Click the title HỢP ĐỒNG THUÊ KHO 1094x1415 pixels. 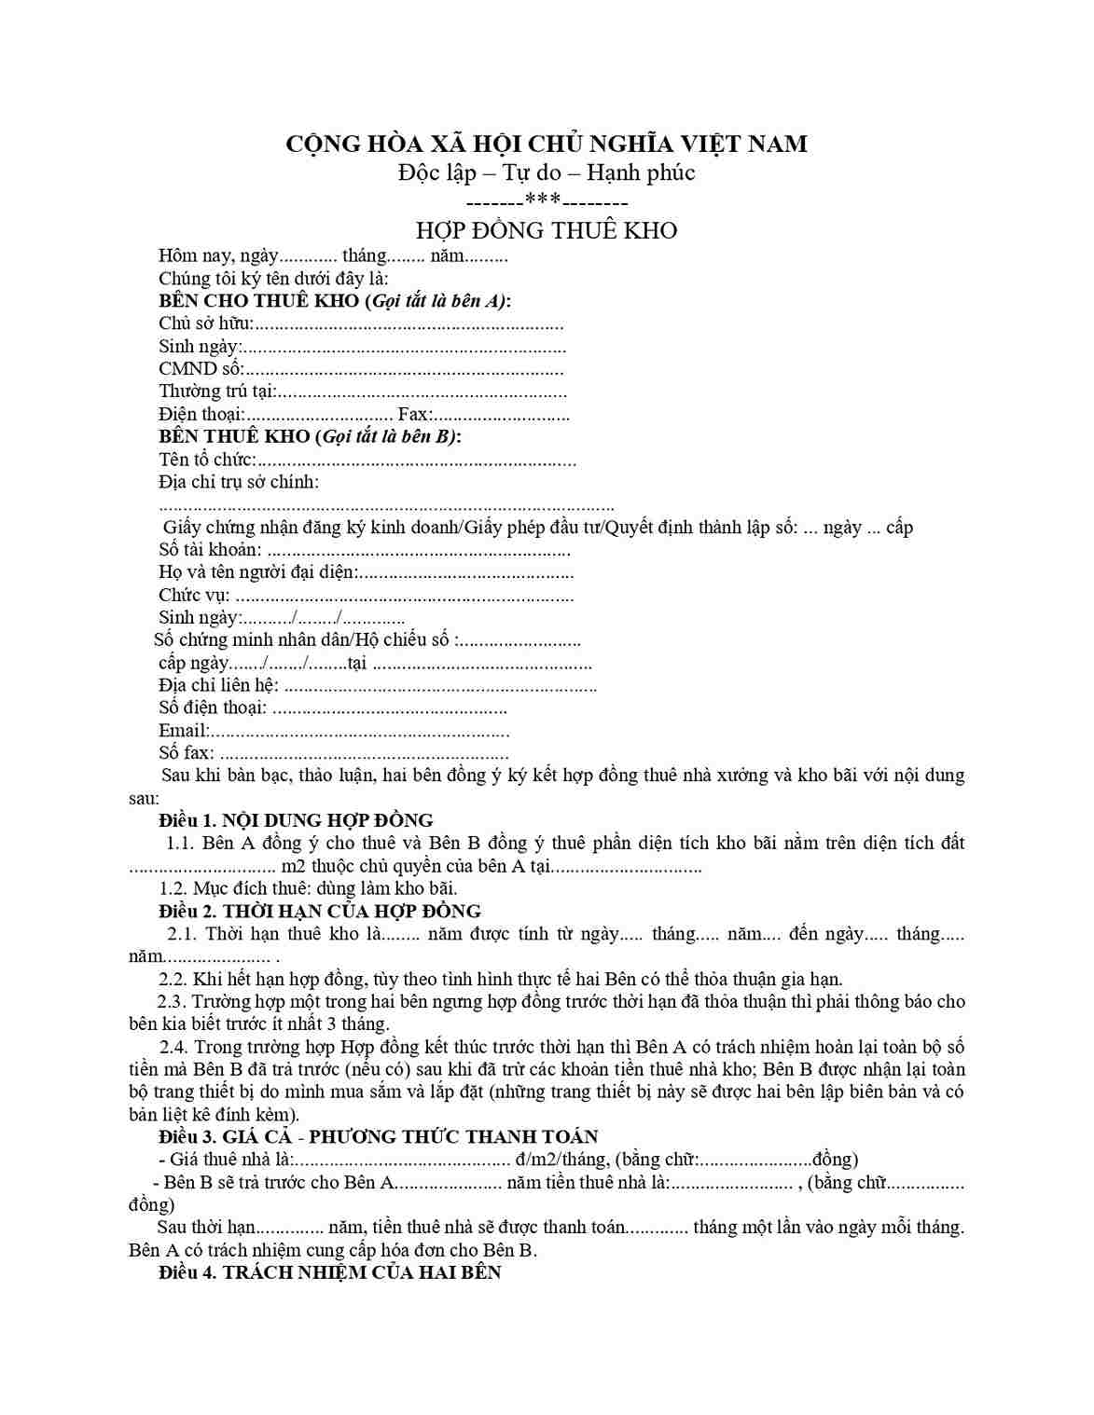tap(546, 230)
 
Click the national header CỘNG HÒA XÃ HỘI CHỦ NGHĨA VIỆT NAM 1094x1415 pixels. tap(546, 144)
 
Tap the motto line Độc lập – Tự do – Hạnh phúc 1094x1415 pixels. tap(546, 172)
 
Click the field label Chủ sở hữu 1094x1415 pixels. tap(205, 323)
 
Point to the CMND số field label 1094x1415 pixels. tap(201, 368)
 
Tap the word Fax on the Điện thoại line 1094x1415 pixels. tap(413, 414)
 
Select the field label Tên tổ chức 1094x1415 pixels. tap(206, 460)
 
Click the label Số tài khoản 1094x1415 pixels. tap(210, 550)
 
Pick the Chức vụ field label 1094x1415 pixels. tap(193, 595)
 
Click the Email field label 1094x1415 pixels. tap(183, 730)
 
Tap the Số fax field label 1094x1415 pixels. tap(186, 752)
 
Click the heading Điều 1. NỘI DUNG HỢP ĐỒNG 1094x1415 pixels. tap(296, 820)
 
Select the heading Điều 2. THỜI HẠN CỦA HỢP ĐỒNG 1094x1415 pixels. tap(319, 911)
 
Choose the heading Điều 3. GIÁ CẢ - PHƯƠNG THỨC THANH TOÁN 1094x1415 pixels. tap(378, 1136)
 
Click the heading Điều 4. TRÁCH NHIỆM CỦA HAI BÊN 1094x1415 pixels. tap(329, 1272)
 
